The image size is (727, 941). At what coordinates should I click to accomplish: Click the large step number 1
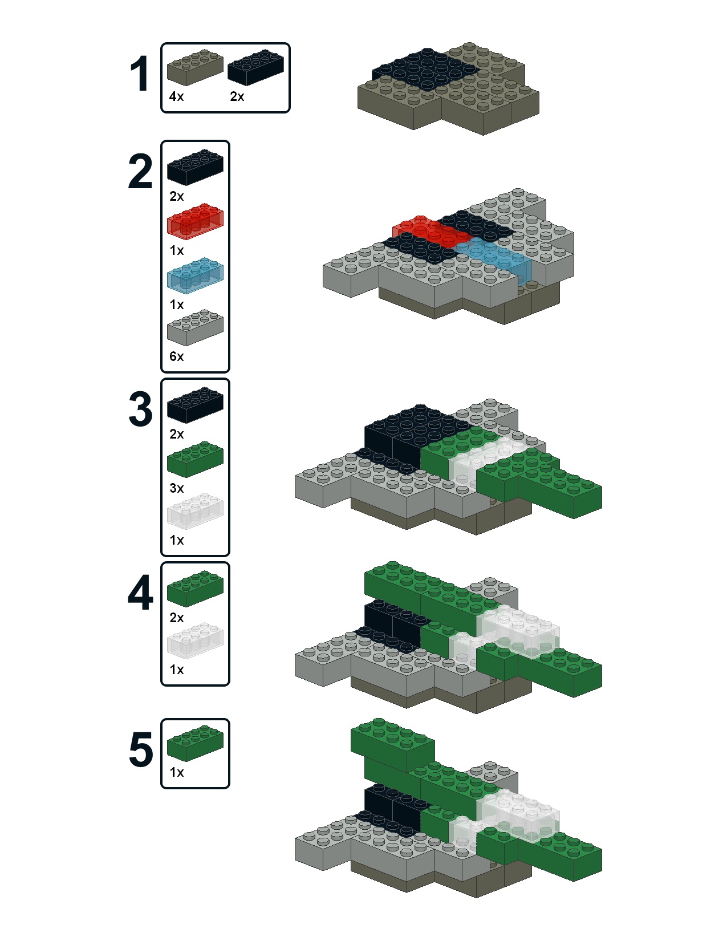tap(140, 74)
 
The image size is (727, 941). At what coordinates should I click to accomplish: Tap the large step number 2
tap(140, 172)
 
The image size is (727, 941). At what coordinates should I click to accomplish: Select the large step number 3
tap(141, 409)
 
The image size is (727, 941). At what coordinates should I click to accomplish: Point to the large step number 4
tap(140, 593)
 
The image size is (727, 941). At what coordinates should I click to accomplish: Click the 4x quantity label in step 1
tap(176, 96)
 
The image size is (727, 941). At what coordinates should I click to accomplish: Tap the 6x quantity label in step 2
tap(177, 356)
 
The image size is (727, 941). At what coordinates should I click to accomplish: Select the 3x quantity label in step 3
tap(177, 489)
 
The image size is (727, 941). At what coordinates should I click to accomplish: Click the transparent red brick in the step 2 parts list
tap(195, 221)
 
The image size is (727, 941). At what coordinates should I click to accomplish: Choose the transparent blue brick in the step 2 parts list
tap(195, 276)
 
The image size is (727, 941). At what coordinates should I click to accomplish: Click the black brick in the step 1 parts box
tap(256, 67)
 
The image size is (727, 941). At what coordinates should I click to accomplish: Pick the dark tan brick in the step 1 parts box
tap(195, 67)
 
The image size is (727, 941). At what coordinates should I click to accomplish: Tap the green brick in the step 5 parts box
tap(195, 743)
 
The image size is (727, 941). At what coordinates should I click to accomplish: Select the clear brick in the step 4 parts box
tap(195, 641)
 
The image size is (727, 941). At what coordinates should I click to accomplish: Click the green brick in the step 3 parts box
tap(195, 459)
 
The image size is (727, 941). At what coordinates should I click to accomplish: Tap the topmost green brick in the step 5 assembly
tap(392, 745)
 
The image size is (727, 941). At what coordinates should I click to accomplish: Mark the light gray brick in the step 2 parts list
tap(195, 327)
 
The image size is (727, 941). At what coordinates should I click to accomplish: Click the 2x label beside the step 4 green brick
tap(177, 618)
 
